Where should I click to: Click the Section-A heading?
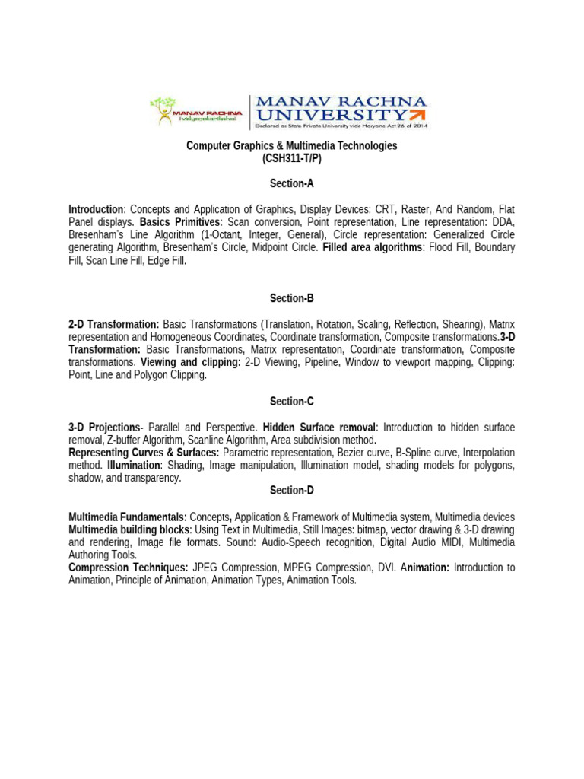coord(292,183)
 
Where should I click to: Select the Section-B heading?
coord(292,298)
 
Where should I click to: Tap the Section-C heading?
coord(292,401)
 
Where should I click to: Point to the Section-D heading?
coord(292,491)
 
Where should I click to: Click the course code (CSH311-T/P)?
coord(292,158)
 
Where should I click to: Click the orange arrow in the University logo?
coord(417,114)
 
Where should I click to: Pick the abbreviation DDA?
coord(503,222)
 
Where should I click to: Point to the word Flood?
coord(442,248)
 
